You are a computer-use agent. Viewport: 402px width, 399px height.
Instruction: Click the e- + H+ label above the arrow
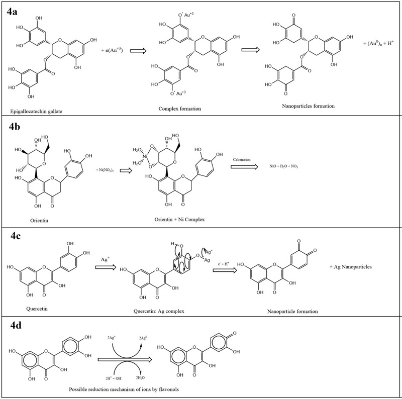(223, 262)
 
